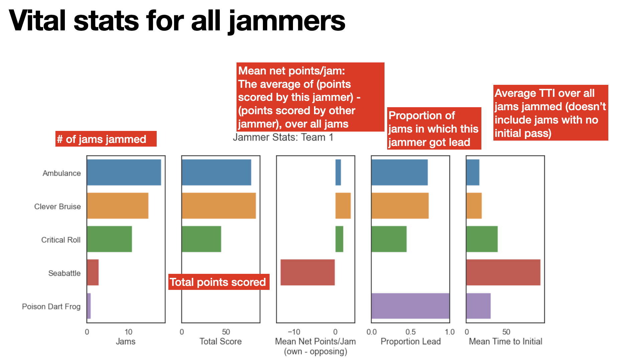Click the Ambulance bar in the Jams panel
[x=124, y=172]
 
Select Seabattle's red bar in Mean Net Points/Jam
[x=307, y=273]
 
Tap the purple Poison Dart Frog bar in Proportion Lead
[x=410, y=306]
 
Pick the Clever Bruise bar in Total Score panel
[x=218, y=206]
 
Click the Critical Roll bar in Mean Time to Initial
[x=482, y=239]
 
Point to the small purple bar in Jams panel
[x=89, y=306]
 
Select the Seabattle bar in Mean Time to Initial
[x=503, y=273]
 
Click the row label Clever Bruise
[x=57, y=206]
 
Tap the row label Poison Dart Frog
[x=51, y=307]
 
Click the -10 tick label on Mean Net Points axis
[x=294, y=332]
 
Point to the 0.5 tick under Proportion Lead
[x=410, y=332]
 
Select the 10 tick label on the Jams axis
[x=128, y=332]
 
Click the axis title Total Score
[x=220, y=341]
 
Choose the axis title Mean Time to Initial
[x=505, y=341]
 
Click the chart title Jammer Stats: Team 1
[x=283, y=137]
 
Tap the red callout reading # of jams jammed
[x=106, y=139]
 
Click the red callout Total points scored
[x=218, y=282]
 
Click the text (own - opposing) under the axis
[x=315, y=351]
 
